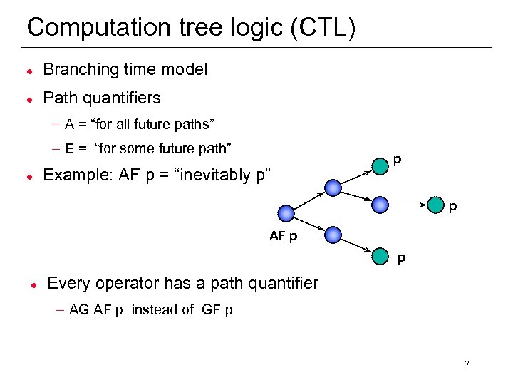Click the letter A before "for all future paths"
[x=69, y=125]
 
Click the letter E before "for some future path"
[x=69, y=149]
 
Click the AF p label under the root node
[x=284, y=237]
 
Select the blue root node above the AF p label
[x=286, y=213]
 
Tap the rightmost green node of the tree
[x=436, y=205]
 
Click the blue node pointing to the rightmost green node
[x=382, y=205]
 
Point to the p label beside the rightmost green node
[x=452, y=207]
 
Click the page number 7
[x=467, y=364]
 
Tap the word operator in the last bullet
[x=125, y=283]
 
